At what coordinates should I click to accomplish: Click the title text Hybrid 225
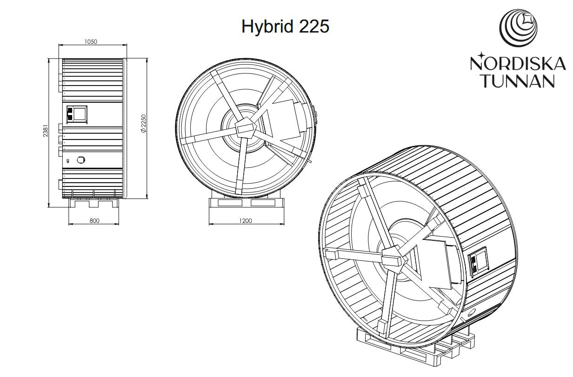point(285,27)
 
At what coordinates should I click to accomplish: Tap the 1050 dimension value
point(91,41)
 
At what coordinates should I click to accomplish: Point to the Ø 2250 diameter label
point(143,124)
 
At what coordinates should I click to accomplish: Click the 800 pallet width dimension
point(94,221)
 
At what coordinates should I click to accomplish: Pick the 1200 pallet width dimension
point(246,221)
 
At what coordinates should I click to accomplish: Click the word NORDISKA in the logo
point(518,64)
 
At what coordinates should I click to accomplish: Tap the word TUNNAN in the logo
point(519,81)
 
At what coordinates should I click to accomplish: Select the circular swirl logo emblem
point(518,28)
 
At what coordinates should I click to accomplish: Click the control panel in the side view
point(77,114)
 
